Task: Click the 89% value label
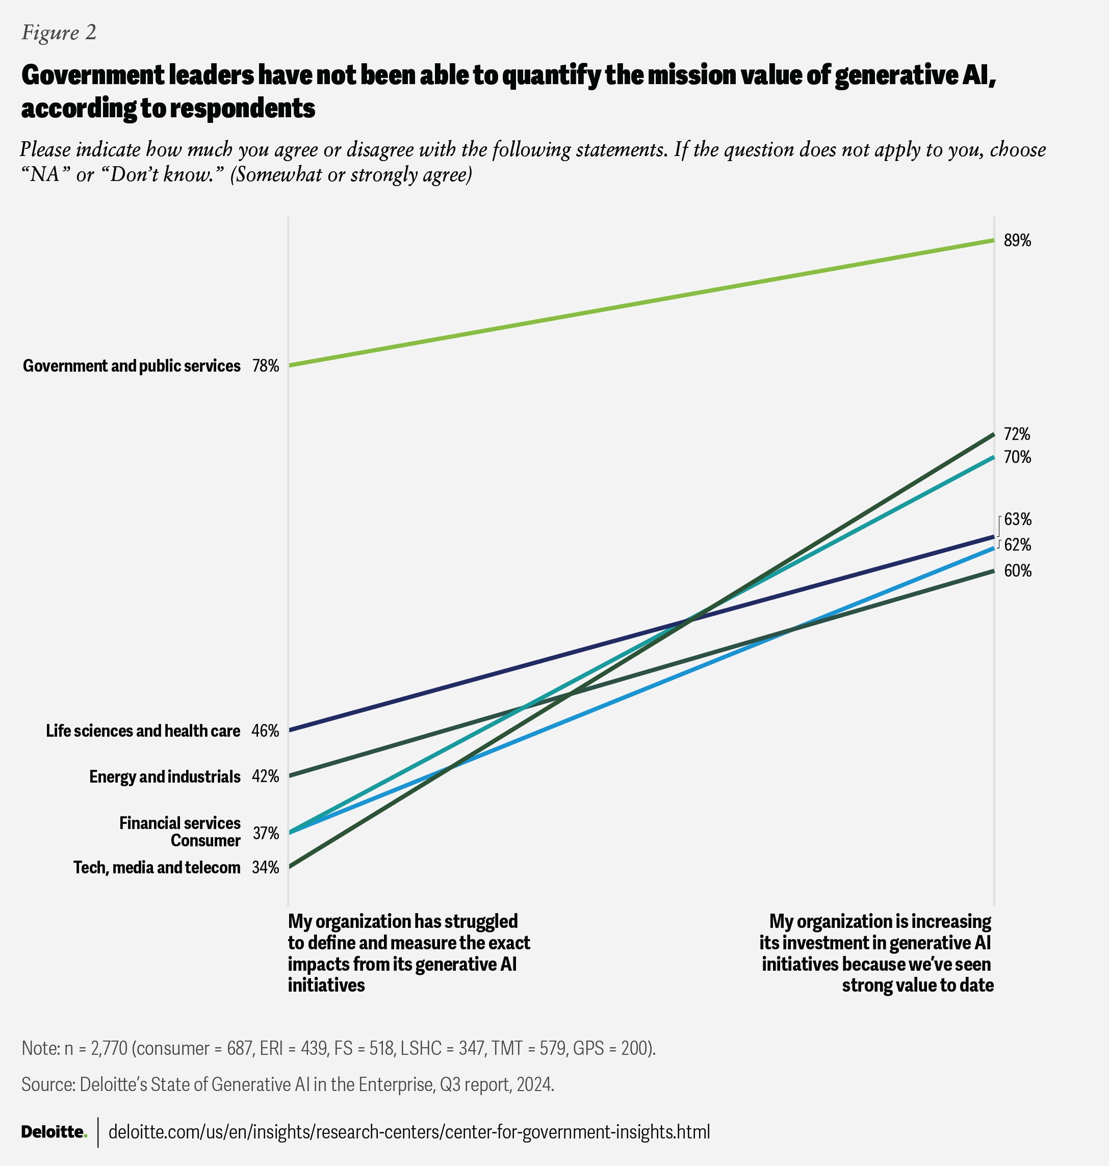tap(1017, 241)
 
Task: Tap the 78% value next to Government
tap(266, 366)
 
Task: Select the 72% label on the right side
tap(1017, 434)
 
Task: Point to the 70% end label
tap(1017, 458)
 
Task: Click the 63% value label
tap(1017, 519)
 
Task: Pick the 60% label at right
tap(1017, 571)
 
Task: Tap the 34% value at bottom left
tap(266, 867)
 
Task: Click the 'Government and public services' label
tap(131, 366)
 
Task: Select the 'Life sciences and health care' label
tap(143, 731)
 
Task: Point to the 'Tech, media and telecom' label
tap(157, 867)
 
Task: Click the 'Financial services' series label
tap(179, 823)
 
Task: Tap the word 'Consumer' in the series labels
tap(205, 841)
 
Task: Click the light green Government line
tap(641, 303)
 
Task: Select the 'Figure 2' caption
tap(59, 33)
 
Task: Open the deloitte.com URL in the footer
tap(409, 1132)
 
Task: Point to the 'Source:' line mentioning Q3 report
tap(287, 1084)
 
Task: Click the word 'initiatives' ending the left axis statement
tap(326, 985)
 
